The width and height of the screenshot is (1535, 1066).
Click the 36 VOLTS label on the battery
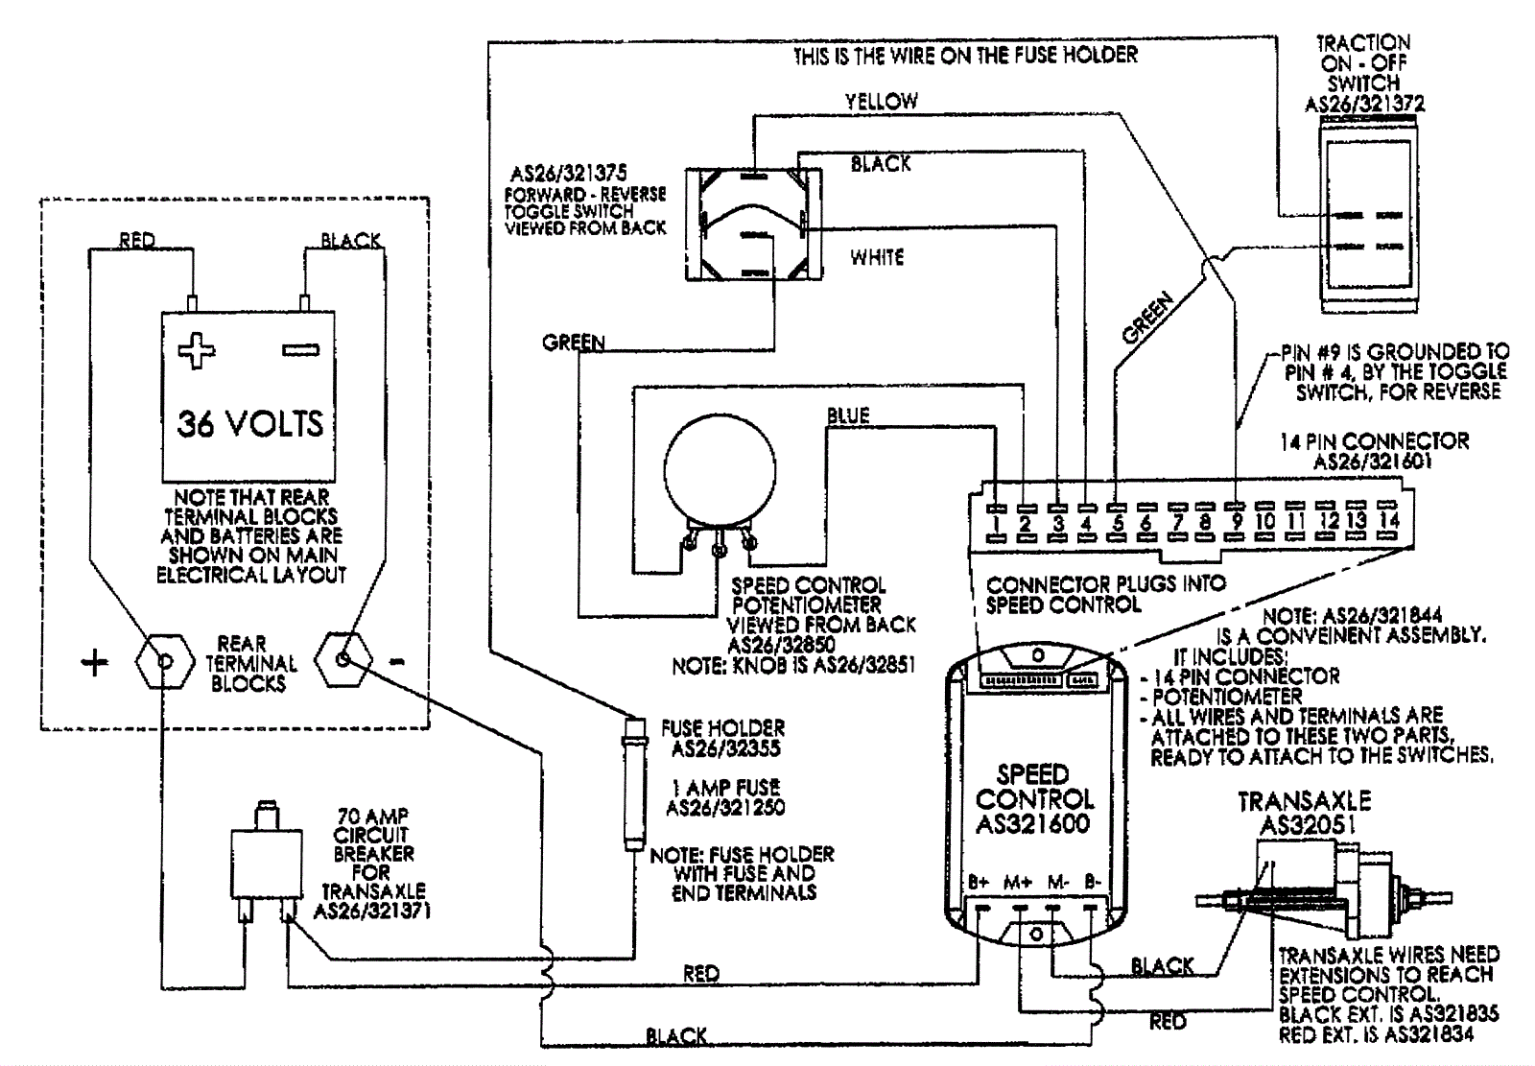tap(249, 423)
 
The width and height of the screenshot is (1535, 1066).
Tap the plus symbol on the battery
tap(196, 350)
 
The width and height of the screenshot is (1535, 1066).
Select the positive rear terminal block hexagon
tap(164, 661)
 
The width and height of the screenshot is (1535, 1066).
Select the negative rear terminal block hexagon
tap(343, 659)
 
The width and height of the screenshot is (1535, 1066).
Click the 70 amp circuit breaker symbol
tap(266, 861)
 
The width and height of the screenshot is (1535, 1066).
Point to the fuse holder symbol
tap(634, 784)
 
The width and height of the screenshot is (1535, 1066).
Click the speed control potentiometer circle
tap(720, 470)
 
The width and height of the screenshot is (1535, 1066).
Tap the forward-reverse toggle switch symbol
tap(754, 225)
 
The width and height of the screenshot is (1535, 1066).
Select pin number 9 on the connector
tap(1237, 522)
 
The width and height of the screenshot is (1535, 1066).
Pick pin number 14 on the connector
tap(1389, 520)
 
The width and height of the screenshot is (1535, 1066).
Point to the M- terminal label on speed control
tap(1058, 883)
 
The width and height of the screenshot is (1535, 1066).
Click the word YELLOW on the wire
tap(882, 102)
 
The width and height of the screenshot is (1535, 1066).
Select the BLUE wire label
tap(848, 415)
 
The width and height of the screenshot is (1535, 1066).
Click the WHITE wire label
tap(877, 258)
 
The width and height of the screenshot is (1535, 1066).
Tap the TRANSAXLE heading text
tap(1305, 801)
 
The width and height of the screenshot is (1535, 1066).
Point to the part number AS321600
tap(1032, 823)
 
